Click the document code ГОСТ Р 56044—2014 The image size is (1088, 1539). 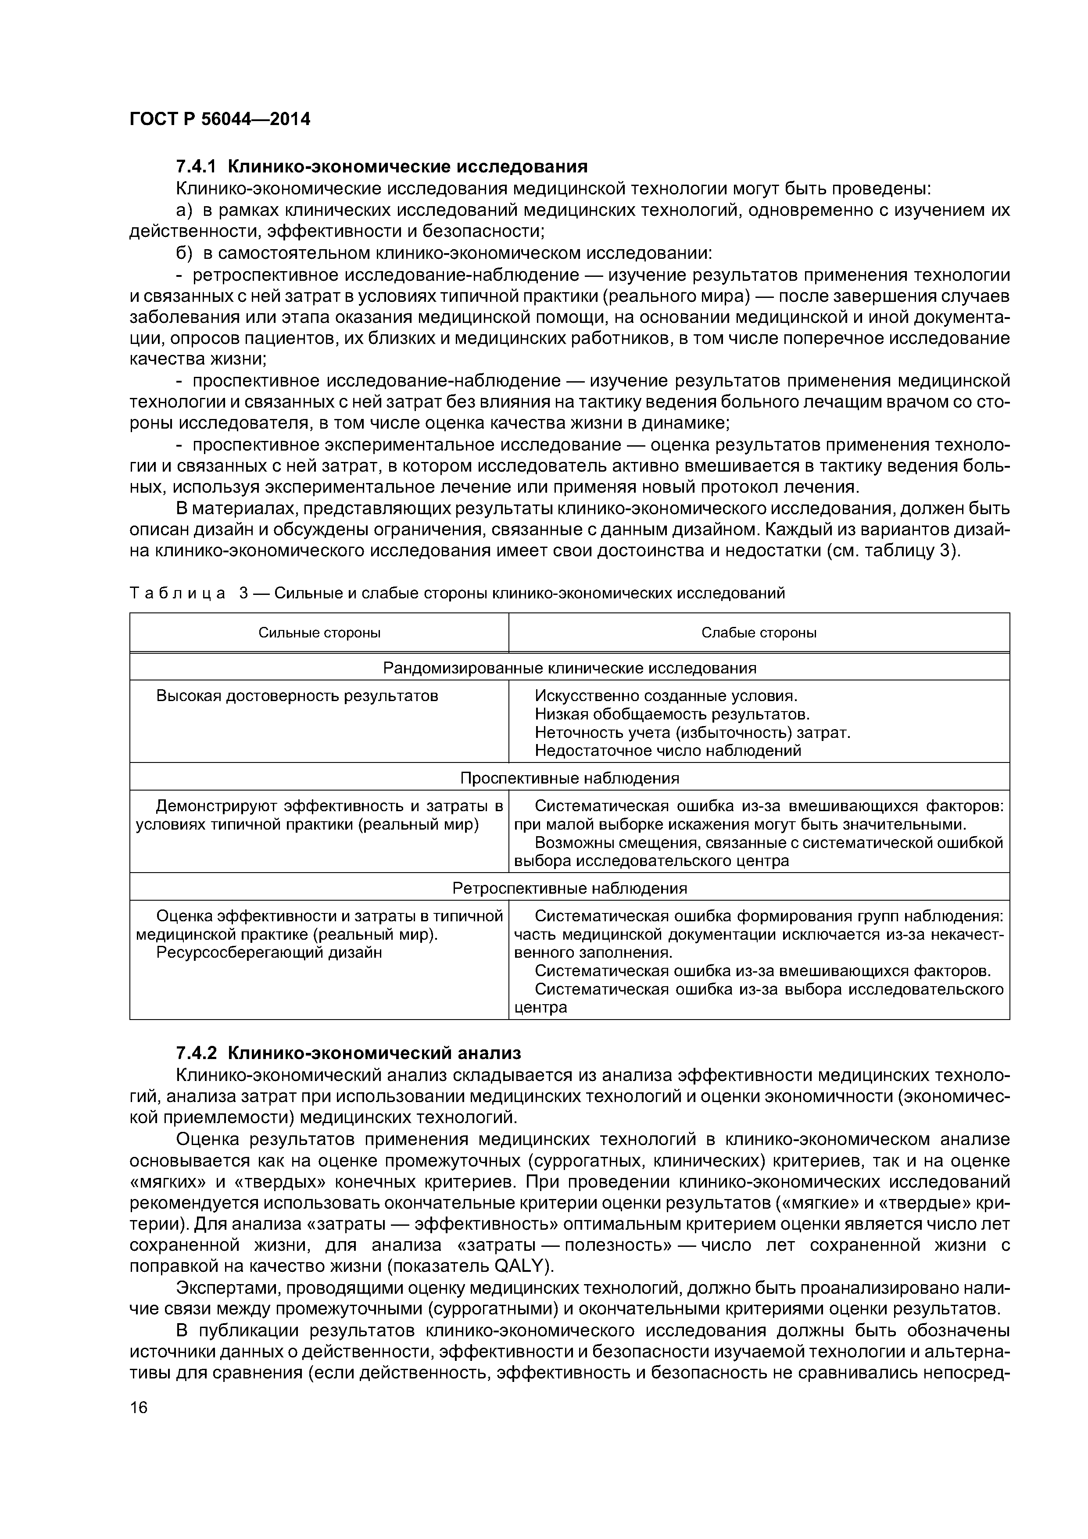click(x=220, y=119)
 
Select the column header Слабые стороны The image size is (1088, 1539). click(x=759, y=633)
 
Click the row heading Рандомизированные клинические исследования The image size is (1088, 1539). click(x=569, y=668)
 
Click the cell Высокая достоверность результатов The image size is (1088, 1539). click(x=297, y=696)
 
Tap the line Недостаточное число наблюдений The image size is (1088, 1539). click(x=668, y=751)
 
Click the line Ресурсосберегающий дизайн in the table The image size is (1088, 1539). click(x=269, y=952)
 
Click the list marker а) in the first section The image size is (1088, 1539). click(x=184, y=211)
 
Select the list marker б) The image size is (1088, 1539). click(x=184, y=254)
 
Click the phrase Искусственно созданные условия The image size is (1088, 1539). click(x=666, y=696)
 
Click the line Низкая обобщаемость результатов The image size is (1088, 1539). click(x=673, y=715)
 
